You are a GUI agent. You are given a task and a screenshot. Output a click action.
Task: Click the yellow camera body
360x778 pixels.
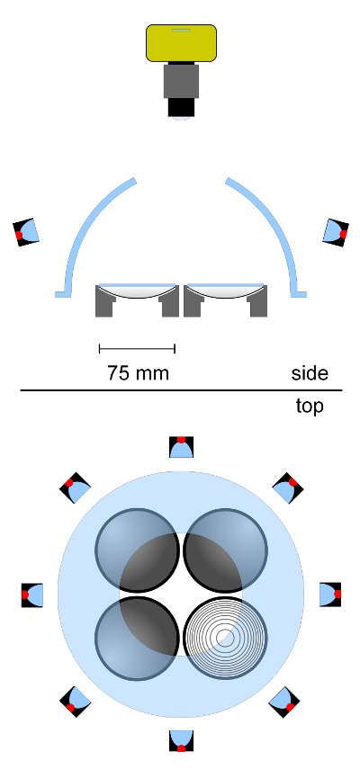click(x=181, y=43)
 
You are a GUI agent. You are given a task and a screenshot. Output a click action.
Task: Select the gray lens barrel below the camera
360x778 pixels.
click(x=181, y=80)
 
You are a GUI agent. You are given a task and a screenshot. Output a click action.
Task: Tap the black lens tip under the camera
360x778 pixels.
click(x=181, y=107)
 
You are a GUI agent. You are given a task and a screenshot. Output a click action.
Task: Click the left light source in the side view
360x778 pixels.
click(x=25, y=232)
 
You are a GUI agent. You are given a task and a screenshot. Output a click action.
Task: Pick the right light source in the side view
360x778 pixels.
click(x=336, y=232)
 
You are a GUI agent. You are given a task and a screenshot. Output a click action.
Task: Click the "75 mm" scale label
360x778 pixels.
click(x=138, y=372)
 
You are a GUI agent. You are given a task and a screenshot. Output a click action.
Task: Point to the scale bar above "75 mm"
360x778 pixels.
click(x=137, y=349)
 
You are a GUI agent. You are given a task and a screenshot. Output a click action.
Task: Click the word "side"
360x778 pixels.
click(x=310, y=373)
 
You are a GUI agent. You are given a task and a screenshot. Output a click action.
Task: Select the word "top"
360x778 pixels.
click(x=310, y=407)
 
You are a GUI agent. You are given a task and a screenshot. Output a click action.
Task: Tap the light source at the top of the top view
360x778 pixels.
click(x=181, y=446)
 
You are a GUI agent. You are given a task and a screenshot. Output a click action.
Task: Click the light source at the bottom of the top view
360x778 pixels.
click(x=181, y=741)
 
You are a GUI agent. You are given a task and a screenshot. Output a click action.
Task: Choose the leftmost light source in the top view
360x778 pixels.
click(x=32, y=595)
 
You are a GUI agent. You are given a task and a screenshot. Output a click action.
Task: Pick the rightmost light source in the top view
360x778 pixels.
click(x=330, y=595)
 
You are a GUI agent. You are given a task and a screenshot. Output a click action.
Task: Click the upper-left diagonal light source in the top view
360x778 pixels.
click(x=75, y=487)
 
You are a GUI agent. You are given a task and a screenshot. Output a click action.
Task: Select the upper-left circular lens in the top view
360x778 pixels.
click(x=137, y=550)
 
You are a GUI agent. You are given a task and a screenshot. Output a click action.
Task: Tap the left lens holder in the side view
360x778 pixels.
click(x=137, y=300)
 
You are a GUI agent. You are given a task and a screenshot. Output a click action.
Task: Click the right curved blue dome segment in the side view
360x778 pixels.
click(x=267, y=237)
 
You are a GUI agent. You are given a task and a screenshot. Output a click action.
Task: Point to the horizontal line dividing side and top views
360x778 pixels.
click(x=181, y=390)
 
